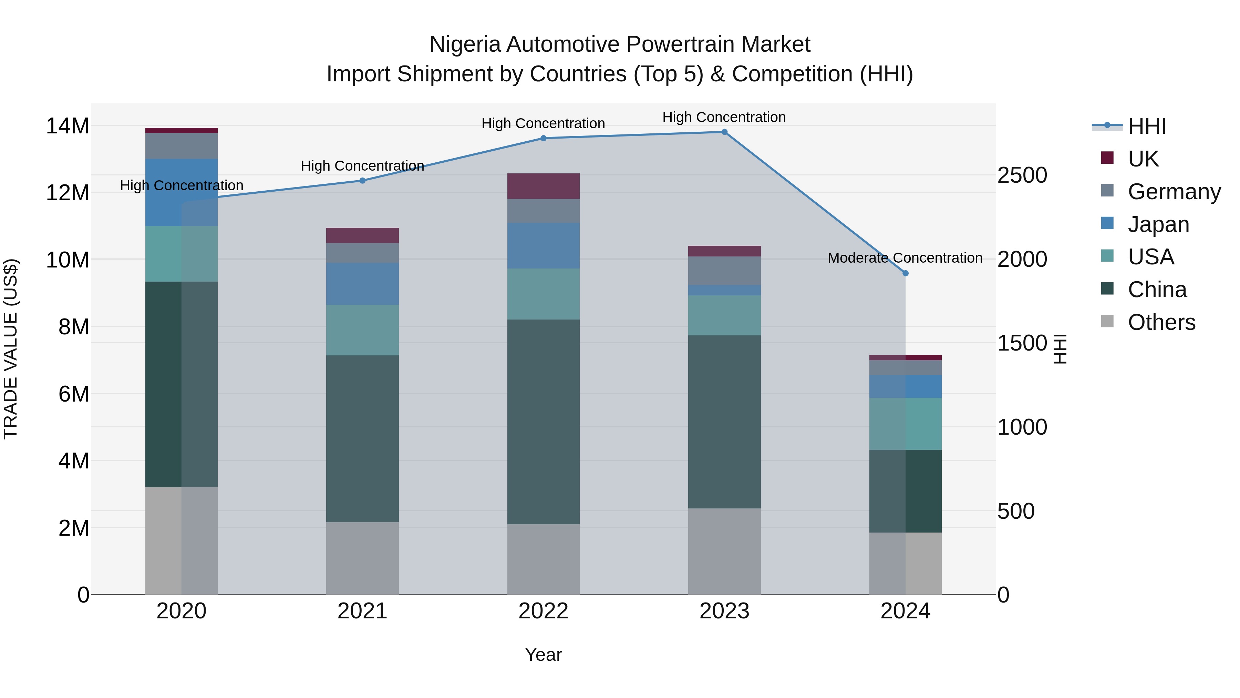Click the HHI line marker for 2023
point(724,132)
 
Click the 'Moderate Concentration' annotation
point(905,258)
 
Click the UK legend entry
point(1143,159)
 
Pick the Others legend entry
point(1161,322)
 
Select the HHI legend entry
point(1147,126)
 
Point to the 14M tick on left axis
point(68,126)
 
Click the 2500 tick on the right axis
point(1022,175)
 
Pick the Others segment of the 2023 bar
point(724,551)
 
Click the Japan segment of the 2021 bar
point(362,284)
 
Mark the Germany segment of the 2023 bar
point(724,271)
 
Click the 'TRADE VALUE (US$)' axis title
point(11,349)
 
